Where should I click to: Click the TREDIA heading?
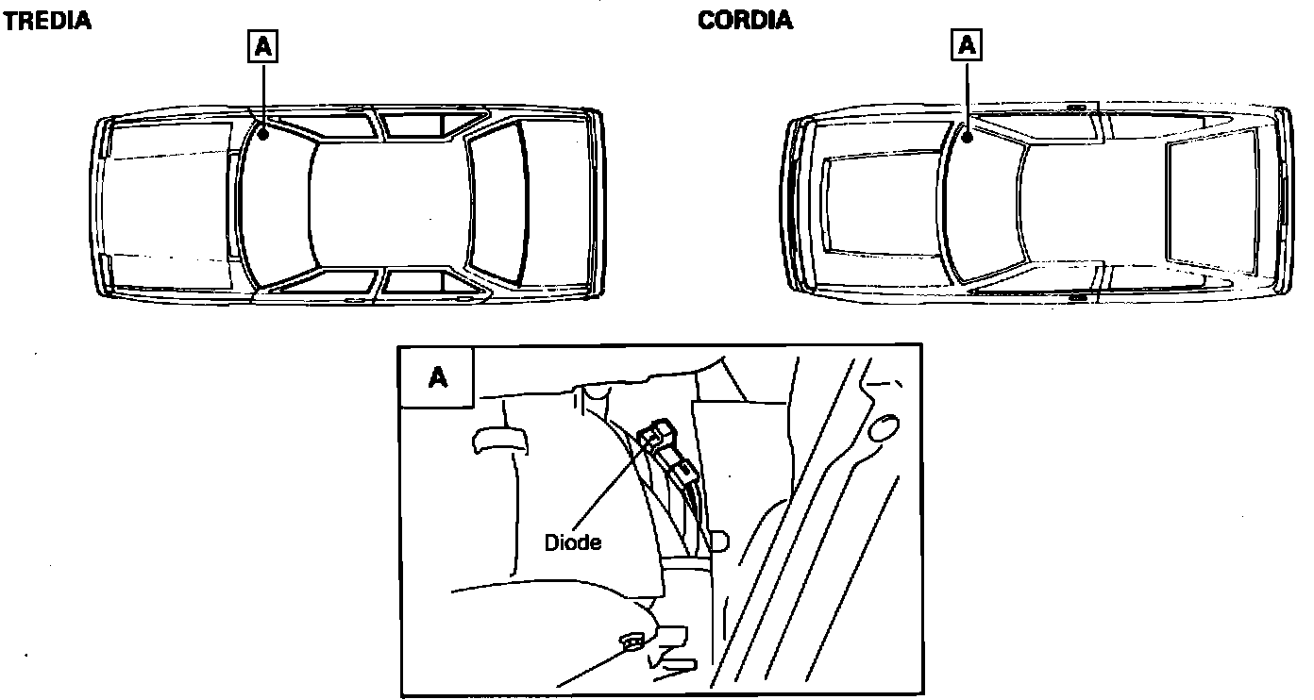click(47, 21)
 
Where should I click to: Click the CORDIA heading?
click(745, 21)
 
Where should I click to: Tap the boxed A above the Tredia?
click(262, 46)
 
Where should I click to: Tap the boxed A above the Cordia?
click(966, 44)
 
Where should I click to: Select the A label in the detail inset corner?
click(438, 377)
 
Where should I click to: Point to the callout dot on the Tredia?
click(263, 134)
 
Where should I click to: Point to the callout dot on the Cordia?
click(967, 137)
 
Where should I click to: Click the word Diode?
click(573, 542)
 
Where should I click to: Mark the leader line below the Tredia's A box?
click(263, 96)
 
